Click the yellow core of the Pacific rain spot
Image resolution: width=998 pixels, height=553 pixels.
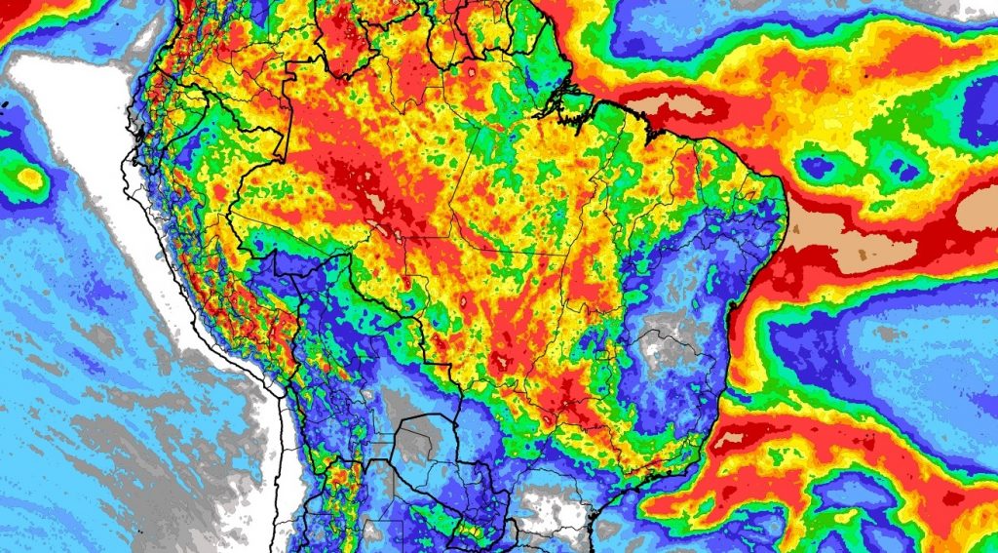(x=31, y=178)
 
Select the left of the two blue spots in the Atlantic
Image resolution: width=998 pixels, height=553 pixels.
(x=817, y=167)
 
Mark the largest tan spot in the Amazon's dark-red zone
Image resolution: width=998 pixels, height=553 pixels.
(x=375, y=204)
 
